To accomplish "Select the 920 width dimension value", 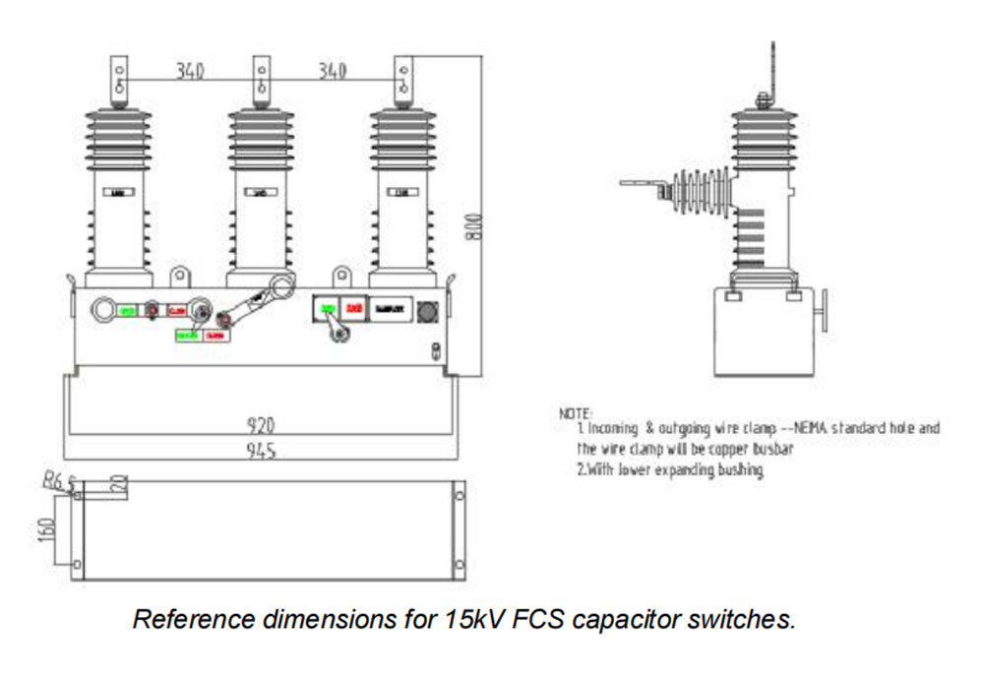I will [260, 425].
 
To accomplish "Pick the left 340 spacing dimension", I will [191, 72].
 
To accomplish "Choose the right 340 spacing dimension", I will [331, 72].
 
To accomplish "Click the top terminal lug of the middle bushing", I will [261, 79].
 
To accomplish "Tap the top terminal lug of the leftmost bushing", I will [119, 79].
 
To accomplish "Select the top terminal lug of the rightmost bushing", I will [402, 79].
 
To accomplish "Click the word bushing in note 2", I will [740, 469].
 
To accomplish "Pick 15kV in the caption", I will [461, 621].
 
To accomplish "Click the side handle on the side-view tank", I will [825, 312].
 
